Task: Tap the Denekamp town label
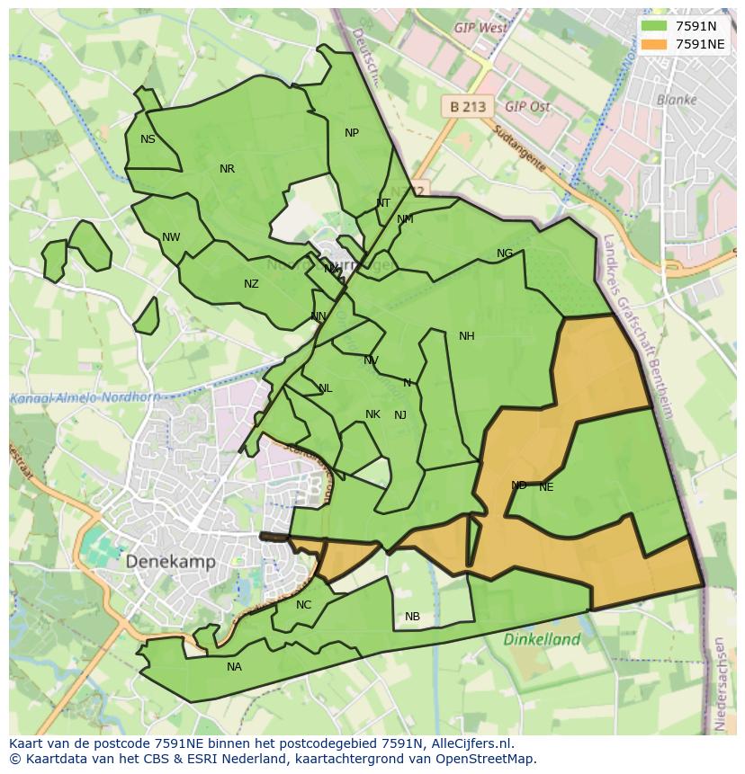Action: coord(170,561)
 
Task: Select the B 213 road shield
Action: coord(467,106)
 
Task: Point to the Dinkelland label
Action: coord(542,640)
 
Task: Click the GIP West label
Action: coord(480,28)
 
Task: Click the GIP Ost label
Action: coord(527,106)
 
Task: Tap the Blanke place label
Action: coord(677,100)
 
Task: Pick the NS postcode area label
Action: coord(148,139)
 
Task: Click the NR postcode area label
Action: coord(227,169)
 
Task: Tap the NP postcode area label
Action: coord(352,133)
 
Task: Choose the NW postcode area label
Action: coord(171,237)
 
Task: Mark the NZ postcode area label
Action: coord(251,284)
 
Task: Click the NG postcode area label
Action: coord(505,254)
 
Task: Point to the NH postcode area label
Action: coord(466,336)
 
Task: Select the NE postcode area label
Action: coord(546,487)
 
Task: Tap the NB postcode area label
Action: coord(412,617)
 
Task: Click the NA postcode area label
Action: coord(234,667)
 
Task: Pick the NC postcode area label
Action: coord(303,605)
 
